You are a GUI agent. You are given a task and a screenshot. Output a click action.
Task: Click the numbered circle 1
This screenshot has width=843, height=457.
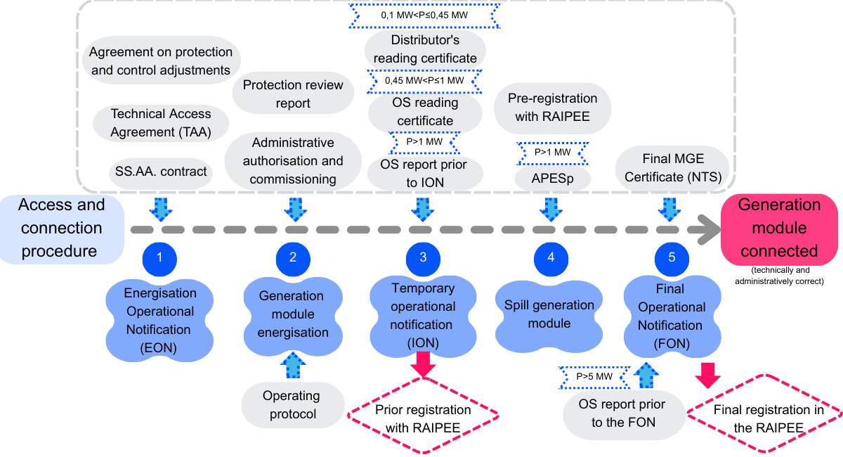[x=159, y=258]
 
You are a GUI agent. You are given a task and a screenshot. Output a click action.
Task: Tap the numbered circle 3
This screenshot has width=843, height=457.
[x=423, y=258]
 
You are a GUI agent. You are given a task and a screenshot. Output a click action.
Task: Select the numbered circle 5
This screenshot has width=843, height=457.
[x=672, y=258]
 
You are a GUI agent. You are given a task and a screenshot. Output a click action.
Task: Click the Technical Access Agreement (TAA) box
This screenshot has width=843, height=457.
[x=161, y=122]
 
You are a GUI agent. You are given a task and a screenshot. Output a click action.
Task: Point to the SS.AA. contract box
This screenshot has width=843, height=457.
[x=161, y=171]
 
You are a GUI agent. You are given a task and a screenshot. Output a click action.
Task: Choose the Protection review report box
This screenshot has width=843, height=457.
[x=293, y=94]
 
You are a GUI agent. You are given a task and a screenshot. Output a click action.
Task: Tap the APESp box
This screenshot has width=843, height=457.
[x=551, y=179]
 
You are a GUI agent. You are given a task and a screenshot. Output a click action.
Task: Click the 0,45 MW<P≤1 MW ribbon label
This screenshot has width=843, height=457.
[x=424, y=81]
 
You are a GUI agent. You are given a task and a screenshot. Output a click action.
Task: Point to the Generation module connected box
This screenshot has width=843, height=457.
[x=779, y=228]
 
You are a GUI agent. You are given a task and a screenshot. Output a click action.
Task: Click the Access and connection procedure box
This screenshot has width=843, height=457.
[x=61, y=228]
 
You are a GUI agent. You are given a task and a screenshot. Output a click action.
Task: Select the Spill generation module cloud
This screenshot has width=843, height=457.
[x=550, y=314]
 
